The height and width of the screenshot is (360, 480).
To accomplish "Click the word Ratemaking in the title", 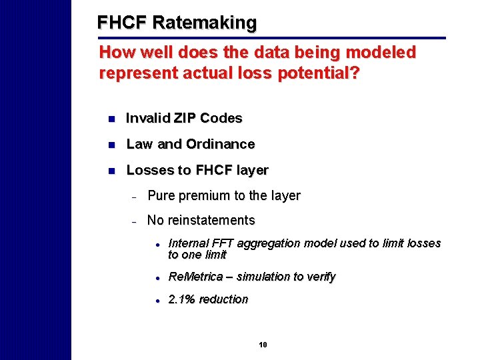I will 204,23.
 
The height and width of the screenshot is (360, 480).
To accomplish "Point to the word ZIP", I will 185,119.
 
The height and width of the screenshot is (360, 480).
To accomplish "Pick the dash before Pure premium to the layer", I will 134,197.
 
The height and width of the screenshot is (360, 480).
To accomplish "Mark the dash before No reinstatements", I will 134,221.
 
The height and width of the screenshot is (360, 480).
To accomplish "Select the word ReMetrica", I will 195,277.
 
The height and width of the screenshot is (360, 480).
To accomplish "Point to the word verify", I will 320,277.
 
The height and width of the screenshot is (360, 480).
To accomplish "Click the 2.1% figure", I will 182,300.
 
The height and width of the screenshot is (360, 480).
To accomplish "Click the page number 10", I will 263,345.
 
